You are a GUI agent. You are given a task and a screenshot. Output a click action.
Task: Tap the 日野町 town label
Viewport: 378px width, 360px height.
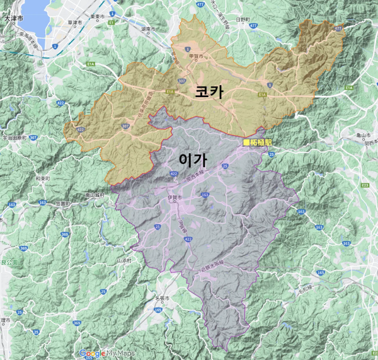click(x=243, y=20)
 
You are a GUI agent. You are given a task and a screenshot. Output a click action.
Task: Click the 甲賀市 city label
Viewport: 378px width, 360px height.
click(x=198, y=56)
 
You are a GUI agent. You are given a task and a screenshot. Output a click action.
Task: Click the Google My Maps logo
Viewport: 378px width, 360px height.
click(x=107, y=353)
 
